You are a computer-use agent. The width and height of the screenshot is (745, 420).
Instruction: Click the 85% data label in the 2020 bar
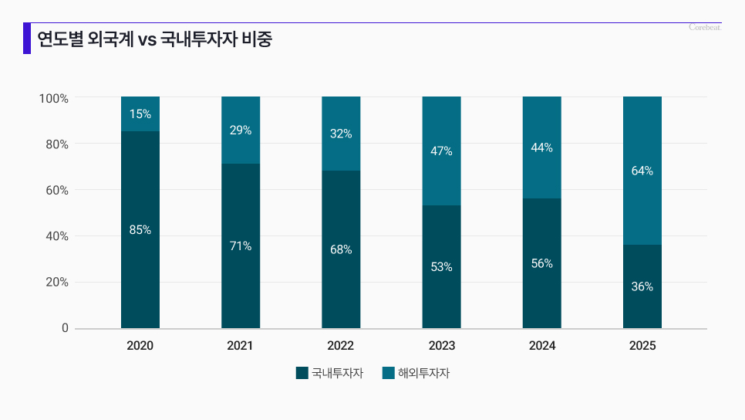[140, 229]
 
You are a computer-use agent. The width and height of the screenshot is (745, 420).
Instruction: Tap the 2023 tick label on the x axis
[441, 346]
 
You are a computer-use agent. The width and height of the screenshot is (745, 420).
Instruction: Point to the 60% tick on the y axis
[54, 190]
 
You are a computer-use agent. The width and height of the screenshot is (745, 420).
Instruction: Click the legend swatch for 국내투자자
[302, 373]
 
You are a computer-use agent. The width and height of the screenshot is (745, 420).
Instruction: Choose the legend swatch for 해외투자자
[389, 373]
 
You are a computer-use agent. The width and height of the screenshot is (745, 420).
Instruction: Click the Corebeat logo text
[705, 28]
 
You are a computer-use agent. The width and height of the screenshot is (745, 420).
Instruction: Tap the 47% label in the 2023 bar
[441, 151]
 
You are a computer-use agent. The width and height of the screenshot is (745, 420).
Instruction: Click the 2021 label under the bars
[240, 346]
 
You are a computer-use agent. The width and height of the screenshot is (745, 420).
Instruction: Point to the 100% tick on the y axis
[54, 99]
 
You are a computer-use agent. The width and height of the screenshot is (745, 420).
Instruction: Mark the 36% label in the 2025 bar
[642, 286]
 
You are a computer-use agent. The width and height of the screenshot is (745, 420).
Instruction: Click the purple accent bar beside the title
[27, 39]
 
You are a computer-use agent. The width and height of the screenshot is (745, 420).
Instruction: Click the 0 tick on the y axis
[65, 328]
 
